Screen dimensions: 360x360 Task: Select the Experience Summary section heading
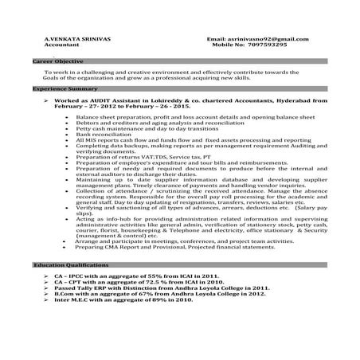click(61, 90)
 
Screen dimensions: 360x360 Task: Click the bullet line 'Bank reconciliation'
click(108, 135)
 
